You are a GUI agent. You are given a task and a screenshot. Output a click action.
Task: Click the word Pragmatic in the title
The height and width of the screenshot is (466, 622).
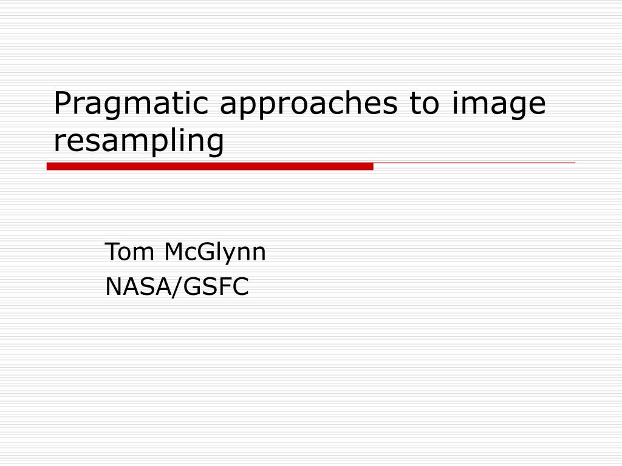point(131,104)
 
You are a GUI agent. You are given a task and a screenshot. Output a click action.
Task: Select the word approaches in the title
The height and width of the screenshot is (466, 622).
point(309,104)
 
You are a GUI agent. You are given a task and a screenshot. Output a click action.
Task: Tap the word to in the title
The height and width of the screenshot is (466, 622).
point(425,103)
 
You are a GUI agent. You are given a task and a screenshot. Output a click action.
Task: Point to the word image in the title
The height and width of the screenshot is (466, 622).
point(499,104)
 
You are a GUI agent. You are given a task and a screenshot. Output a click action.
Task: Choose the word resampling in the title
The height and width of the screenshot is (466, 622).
point(139,141)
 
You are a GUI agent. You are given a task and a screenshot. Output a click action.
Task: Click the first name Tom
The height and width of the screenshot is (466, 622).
point(129,252)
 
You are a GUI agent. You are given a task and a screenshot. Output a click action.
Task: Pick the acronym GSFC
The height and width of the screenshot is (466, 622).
point(216,286)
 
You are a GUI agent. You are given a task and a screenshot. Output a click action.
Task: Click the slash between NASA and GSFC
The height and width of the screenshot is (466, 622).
point(177,287)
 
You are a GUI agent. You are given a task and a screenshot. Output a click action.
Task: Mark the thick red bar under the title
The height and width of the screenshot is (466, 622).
point(210,166)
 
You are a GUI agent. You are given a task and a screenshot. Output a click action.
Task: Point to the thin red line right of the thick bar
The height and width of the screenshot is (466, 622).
point(474,163)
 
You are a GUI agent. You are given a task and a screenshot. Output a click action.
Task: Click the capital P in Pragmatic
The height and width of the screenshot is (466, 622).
point(63,103)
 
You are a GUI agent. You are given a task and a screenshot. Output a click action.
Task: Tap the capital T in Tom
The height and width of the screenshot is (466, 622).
point(112,252)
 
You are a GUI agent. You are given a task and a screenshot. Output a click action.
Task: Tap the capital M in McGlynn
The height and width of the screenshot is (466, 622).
point(174,252)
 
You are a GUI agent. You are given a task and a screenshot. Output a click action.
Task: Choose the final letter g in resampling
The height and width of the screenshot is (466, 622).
point(216,145)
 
